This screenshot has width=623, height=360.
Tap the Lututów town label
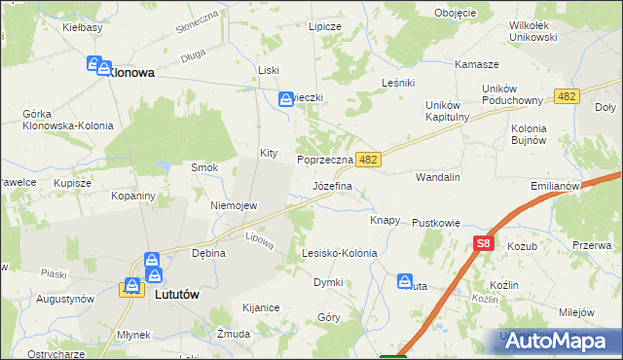[x=178, y=291]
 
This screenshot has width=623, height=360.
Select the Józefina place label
[x=332, y=185]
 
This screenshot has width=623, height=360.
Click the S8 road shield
[x=484, y=244]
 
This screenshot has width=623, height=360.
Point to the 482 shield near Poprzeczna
[x=367, y=157]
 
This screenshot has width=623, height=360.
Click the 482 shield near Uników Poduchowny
[x=567, y=96]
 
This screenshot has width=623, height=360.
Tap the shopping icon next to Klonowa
[x=94, y=65]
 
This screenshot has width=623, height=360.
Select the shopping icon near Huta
[x=405, y=281]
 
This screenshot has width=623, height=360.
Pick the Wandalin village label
[x=437, y=178]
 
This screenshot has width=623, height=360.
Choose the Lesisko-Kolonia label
[x=339, y=253]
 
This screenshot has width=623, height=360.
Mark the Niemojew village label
[x=234, y=205]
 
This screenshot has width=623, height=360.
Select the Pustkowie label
[x=435, y=223]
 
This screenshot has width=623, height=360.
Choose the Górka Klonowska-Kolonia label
[x=68, y=120]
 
